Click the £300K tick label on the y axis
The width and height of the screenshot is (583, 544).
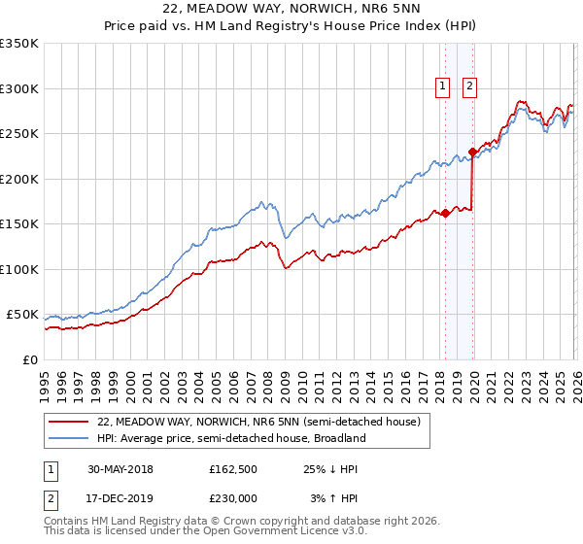point(19,88)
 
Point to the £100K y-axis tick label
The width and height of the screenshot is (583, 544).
point(19,269)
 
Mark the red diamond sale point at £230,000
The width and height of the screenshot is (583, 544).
point(472,152)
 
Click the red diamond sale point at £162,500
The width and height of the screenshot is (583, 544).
point(445,213)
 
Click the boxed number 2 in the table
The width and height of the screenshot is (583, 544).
point(51,496)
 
